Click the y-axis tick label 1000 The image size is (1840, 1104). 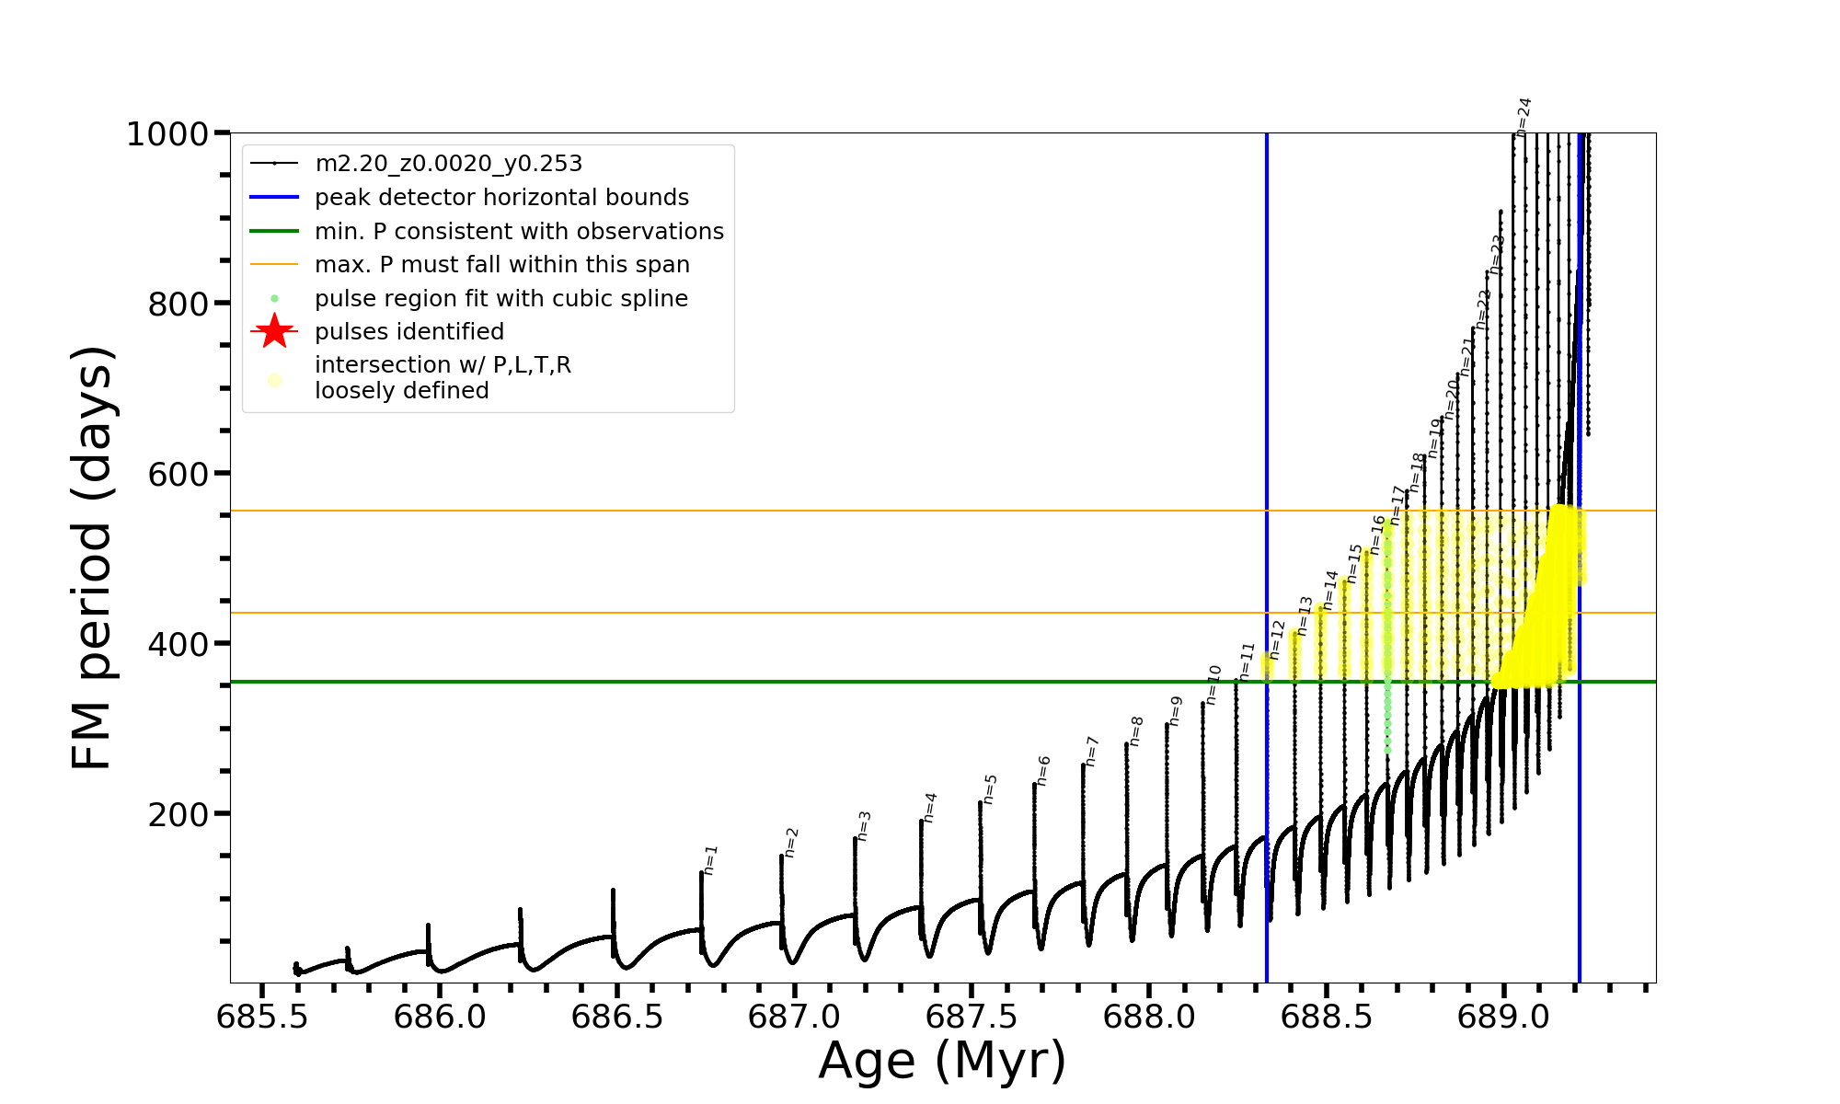pos(167,135)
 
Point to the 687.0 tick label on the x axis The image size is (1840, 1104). pos(794,1017)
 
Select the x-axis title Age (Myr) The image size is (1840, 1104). pos(942,1061)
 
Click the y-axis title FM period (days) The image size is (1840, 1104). pos(92,558)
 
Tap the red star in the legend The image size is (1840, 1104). pos(274,332)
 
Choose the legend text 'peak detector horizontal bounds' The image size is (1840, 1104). pos(501,198)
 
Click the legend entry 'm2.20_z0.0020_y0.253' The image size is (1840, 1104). pos(448,164)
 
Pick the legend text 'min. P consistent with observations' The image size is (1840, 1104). pos(519,232)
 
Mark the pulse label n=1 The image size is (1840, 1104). pos(710,859)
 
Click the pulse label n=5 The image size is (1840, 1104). pos(990,788)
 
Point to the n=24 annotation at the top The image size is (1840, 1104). pos(1524,116)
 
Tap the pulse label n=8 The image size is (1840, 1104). pos(1136,730)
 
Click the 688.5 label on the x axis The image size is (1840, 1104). pos(1327,1017)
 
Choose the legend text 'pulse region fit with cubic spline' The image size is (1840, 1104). pos(500,299)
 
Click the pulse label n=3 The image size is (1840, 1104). pos(863,825)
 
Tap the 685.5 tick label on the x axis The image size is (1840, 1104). pos(261,1017)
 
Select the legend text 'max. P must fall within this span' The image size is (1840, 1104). pos(501,265)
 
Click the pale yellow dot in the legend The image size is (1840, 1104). pos(274,380)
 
